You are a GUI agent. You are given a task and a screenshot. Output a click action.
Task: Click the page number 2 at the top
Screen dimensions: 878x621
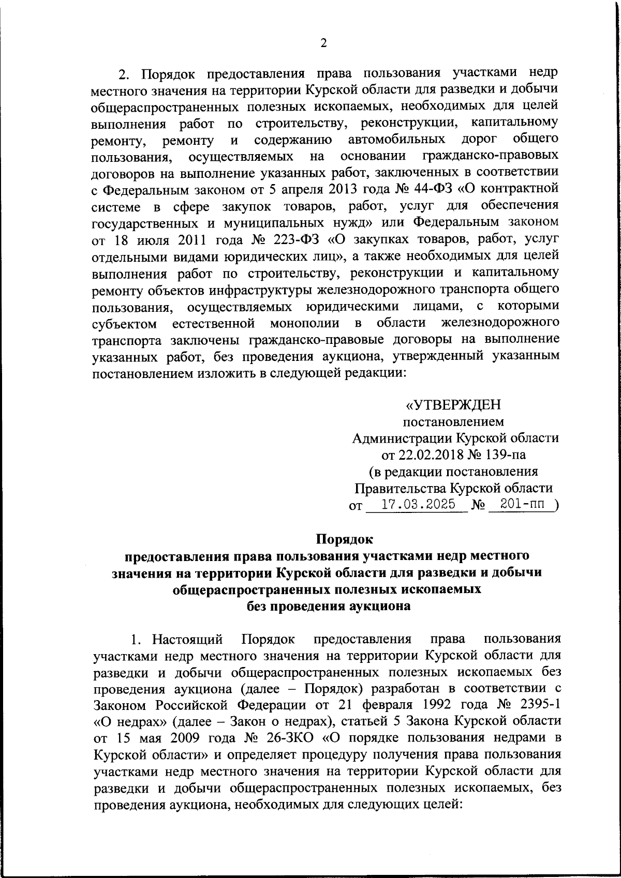(x=323, y=43)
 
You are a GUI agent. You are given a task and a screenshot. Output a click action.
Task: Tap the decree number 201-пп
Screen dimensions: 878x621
(x=520, y=505)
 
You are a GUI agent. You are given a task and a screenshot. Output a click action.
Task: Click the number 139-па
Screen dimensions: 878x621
(x=502, y=455)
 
